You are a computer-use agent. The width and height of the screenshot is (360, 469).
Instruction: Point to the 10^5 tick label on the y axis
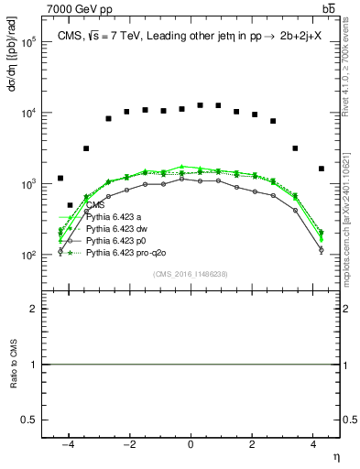pyautogui.click(x=27, y=42)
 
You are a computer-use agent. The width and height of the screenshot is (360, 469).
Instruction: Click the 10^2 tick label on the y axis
pyautogui.click(x=27, y=256)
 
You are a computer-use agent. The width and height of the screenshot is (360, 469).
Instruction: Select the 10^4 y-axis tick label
pyautogui.click(x=27, y=114)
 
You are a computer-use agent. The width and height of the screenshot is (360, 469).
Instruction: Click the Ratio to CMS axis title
pyautogui.click(x=13, y=365)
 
